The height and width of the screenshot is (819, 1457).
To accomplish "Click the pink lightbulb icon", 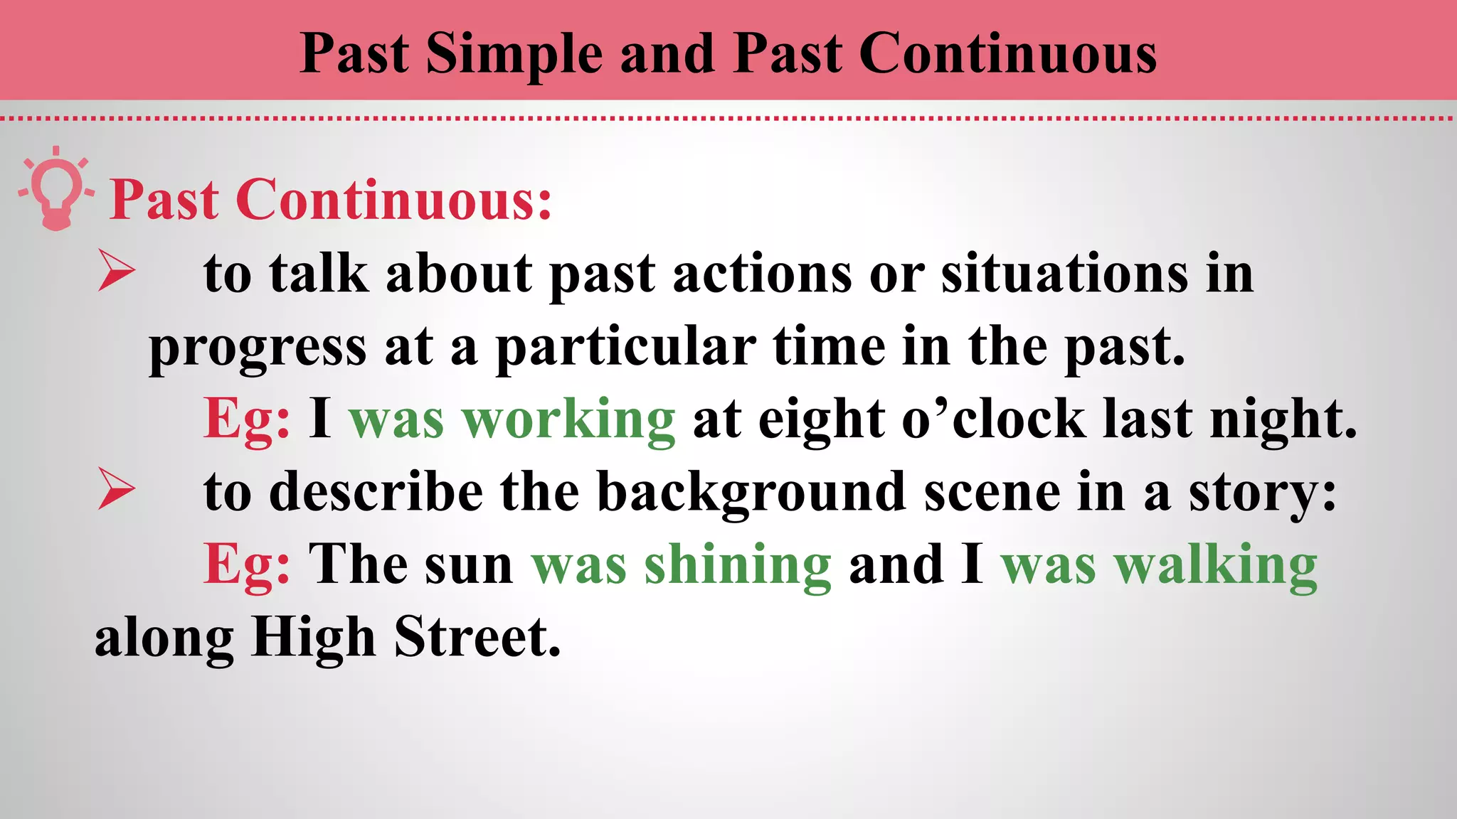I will coord(56,190).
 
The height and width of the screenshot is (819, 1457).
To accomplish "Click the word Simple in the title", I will coord(514,54).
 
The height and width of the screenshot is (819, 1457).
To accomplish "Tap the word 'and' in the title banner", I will coord(667,54).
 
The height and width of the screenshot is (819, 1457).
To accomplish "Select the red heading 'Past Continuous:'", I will coord(331,200).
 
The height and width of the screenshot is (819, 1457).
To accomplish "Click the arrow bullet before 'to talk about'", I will coord(117,271).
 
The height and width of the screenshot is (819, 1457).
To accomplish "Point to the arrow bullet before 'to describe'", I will coord(117,489).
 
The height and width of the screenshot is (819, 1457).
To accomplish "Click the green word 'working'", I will coord(568,419).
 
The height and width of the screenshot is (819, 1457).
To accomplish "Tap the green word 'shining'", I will coord(738,565).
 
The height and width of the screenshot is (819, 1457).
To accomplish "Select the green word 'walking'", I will coord(1217,565).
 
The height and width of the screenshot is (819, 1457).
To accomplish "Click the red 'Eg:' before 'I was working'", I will coord(247,419).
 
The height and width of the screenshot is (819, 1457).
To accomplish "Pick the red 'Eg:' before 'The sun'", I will coord(247,565).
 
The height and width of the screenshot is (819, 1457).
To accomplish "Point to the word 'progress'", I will coord(258,348).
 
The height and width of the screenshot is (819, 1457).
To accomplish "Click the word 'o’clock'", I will coord(993,419).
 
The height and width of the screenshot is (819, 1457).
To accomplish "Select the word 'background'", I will coord(751,492).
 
